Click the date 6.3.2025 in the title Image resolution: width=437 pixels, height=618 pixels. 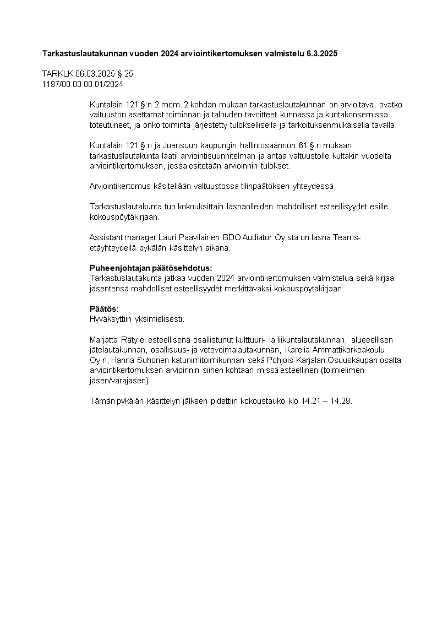click(320, 53)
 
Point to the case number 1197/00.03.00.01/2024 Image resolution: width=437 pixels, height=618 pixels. click(83, 84)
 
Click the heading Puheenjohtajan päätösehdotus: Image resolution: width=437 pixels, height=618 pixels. click(150, 268)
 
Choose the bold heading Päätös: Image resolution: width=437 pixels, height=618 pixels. click(104, 308)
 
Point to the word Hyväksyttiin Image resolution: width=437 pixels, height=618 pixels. click(111, 319)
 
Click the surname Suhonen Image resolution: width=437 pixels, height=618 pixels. click(144, 360)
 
